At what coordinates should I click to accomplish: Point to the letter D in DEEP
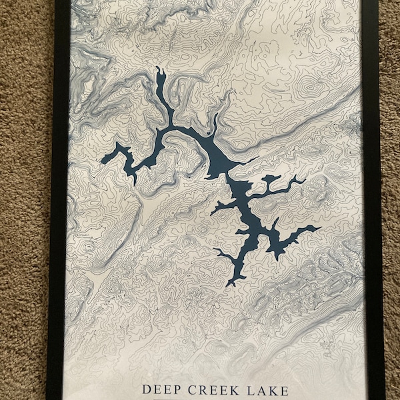pyautogui.click(x=147, y=389)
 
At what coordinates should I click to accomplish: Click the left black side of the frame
pyautogui.click(x=59, y=200)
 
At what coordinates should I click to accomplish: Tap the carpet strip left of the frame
pyautogui.click(x=23, y=200)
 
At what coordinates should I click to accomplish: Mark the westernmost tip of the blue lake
pyautogui.click(x=102, y=160)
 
